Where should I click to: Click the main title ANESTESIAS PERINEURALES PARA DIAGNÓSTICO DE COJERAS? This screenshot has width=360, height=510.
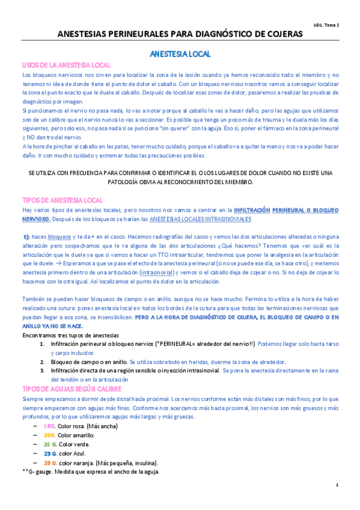180,35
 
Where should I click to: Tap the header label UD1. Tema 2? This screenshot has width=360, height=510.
326,25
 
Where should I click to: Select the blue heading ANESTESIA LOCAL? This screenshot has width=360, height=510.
180,54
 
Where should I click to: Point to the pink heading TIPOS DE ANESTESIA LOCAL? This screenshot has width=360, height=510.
63,200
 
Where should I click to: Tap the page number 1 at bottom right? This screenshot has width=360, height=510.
337,485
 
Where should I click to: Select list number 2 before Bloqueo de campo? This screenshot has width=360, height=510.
43,362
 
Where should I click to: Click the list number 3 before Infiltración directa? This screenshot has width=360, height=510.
43,371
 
